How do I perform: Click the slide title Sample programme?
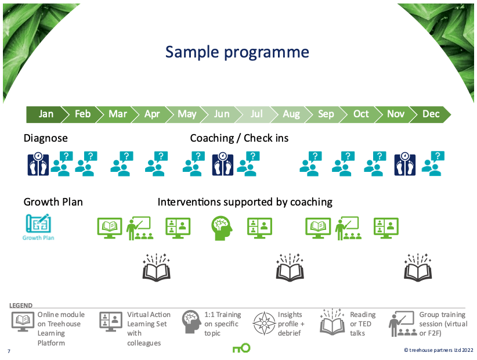pyautogui.click(x=237, y=52)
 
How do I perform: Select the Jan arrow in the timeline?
pyautogui.click(x=46, y=114)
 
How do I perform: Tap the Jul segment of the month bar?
pyautogui.click(x=256, y=114)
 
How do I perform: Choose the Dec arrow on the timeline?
pyautogui.click(x=431, y=114)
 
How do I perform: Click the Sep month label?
pyautogui.click(x=326, y=114)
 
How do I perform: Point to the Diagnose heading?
pyautogui.click(x=45, y=138)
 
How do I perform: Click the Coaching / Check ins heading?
pyautogui.click(x=239, y=138)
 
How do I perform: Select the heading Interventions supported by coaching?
pyautogui.click(x=245, y=202)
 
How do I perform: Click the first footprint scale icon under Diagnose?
pyautogui.click(x=38, y=164)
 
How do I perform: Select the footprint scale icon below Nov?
pyautogui.click(x=405, y=164)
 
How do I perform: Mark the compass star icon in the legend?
pyautogui.click(x=263, y=324)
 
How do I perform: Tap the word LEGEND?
pyautogui.click(x=21, y=305)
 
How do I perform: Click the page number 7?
pyautogui.click(x=9, y=351)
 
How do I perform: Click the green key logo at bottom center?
pyautogui.click(x=241, y=348)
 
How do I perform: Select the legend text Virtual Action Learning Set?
pyautogui.click(x=149, y=329)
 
